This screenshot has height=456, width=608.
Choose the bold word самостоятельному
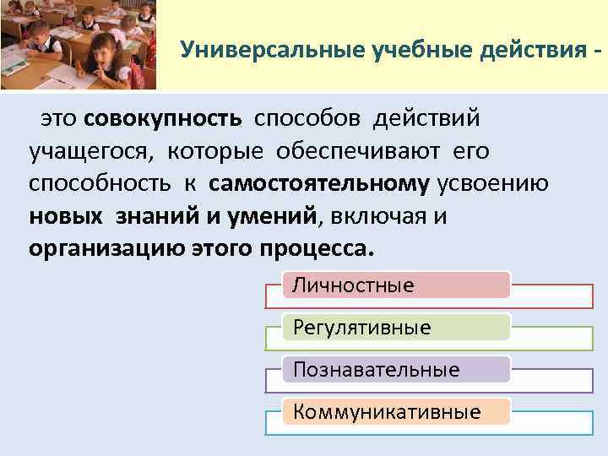(x=320, y=184)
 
